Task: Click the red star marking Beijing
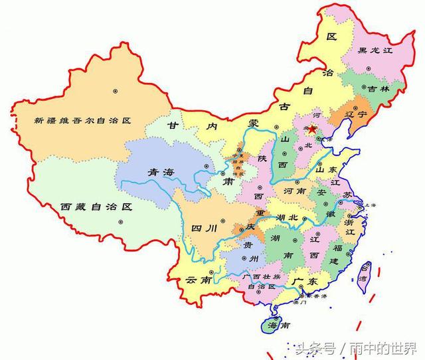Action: pos(313,129)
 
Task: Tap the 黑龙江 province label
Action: pos(375,50)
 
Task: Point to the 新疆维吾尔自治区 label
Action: pos(84,121)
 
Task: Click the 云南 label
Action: pos(200,280)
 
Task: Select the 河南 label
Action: pos(294,191)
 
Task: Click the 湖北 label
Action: pos(290,217)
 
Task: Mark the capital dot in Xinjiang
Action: pos(116,90)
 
